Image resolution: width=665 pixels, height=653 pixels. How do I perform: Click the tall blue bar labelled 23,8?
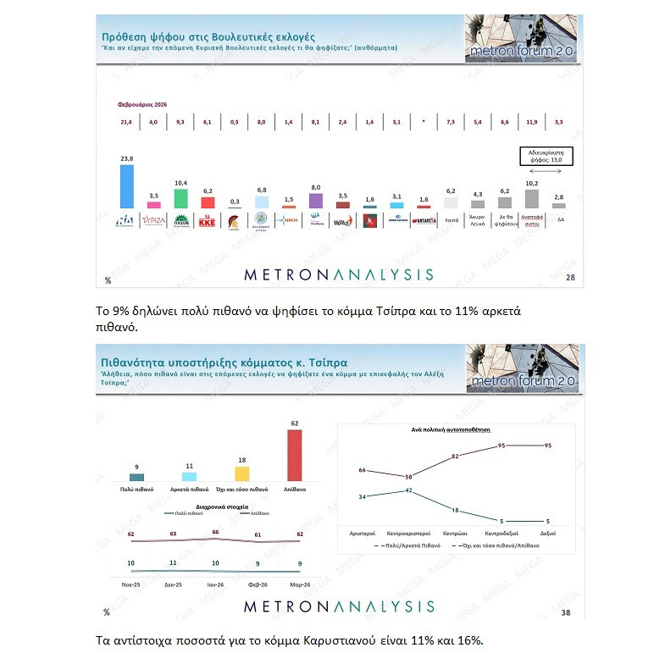(127, 186)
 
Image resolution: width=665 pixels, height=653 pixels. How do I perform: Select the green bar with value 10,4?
(180, 198)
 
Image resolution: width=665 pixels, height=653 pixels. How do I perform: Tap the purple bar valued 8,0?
(316, 201)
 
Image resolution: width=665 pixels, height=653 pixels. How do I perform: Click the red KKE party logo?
(208, 219)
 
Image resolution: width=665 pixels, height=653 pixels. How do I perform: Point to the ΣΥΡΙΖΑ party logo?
(154, 219)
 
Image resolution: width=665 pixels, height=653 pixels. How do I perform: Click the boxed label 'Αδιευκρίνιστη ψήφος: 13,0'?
(545, 156)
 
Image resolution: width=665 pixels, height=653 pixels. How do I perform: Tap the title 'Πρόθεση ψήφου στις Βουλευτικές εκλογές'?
(208, 37)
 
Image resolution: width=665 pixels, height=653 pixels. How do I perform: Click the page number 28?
(569, 278)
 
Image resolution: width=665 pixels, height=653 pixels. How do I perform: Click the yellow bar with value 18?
(241, 473)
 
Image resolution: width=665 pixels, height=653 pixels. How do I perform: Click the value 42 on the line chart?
(408, 490)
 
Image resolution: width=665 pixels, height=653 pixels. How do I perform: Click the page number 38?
(566, 611)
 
